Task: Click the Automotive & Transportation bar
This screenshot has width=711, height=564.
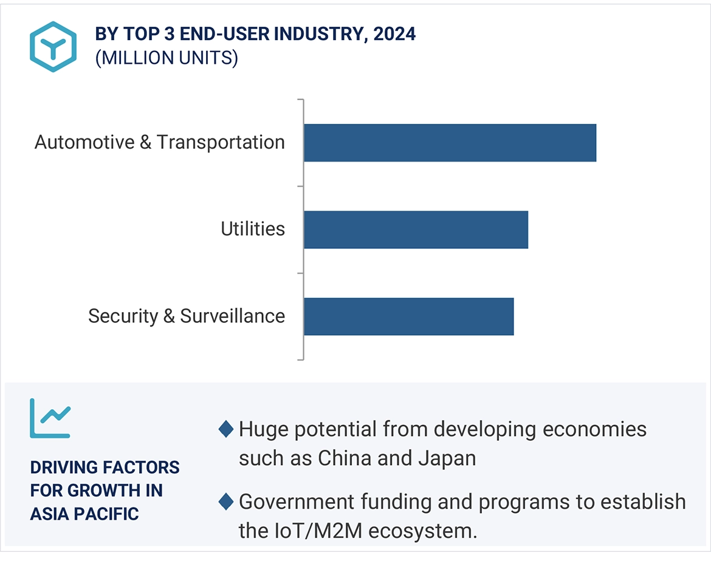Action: (450, 143)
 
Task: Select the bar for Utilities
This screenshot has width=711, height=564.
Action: (416, 229)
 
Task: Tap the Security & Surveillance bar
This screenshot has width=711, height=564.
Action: (408, 316)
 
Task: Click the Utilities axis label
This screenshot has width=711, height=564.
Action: (253, 229)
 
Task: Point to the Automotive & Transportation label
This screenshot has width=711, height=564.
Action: (159, 142)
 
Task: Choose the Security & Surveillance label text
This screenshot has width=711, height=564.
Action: (186, 316)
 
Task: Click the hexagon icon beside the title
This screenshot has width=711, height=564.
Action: (53, 47)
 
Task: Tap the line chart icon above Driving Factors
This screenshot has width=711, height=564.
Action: (50, 418)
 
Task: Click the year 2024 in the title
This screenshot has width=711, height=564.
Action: (394, 34)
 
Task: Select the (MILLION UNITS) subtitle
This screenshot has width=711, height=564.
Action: (167, 58)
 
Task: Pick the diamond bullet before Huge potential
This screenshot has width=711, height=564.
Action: (226, 430)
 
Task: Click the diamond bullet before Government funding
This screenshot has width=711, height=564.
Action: (226, 502)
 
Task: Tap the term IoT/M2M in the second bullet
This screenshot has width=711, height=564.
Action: (312, 531)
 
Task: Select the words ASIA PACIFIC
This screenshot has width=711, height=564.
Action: (84, 514)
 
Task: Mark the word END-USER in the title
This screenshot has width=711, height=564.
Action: (233, 34)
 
